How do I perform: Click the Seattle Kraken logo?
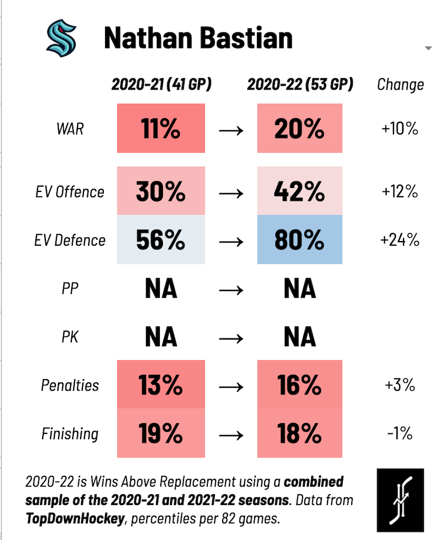click(61, 38)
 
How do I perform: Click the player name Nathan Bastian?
click(198, 38)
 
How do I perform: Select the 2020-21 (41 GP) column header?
click(161, 84)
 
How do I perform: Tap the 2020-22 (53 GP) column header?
click(300, 84)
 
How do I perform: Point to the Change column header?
click(400, 85)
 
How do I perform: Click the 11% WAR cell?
click(161, 129)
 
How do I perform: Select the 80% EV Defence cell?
click(300, 240)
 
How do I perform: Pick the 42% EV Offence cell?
click(300, 191)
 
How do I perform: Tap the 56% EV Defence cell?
click(161, 240)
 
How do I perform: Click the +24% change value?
click(400, 240)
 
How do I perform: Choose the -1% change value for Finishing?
click(400, 434)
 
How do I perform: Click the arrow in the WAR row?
click(231, 130)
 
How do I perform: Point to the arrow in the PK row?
click(231, 337)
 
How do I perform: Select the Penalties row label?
click(70, 385)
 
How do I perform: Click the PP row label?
click(70, 289)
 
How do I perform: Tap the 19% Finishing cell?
click(161, 433)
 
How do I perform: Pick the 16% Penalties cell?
click(300, 385)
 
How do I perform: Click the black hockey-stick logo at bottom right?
click(400, 499)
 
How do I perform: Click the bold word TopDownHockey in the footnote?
click(74, 518)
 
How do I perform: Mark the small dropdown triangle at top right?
click(428, 49)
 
